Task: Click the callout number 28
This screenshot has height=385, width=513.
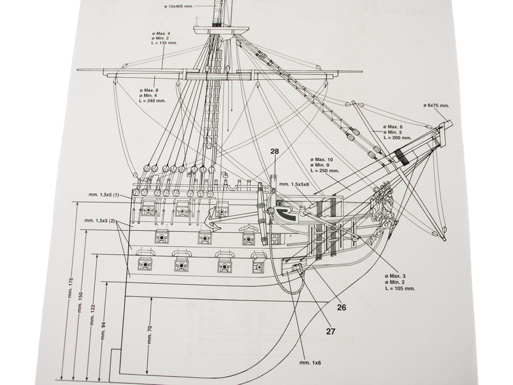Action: click(x=274, y=151)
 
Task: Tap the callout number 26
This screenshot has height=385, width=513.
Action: click(x=341, y=307)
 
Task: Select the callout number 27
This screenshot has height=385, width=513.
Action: click(x=331, y=332)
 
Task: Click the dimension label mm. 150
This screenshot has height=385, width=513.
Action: click(x=81, y=302)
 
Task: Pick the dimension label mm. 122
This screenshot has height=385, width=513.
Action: click(x=92, y=315)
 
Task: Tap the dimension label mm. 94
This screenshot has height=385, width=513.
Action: click(x=103, y=331)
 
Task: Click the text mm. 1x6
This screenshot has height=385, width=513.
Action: click(x=310, y=363)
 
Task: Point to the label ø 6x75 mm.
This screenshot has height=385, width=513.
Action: click(x=436, y=105)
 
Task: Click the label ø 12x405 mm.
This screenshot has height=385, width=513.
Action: click(x=181, y=6)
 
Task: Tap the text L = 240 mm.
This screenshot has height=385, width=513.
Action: click(x=152, y=101)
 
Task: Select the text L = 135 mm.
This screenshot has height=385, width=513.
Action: click(x=165, y=43)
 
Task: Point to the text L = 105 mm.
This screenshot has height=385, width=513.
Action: click(x=399, y=288)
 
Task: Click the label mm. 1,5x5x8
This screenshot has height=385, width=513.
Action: click(x=294, y=184)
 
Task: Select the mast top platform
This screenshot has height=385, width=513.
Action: click(x=221, y=30)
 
